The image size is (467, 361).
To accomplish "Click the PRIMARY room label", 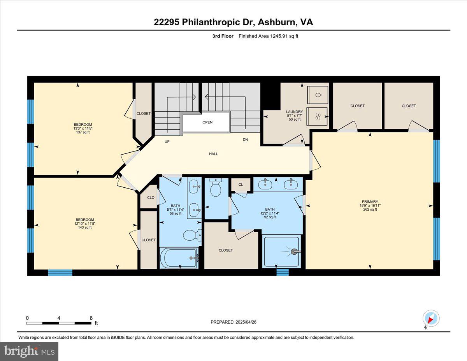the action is (x=370, y=202).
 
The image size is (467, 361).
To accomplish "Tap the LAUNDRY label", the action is (x=295, y=112).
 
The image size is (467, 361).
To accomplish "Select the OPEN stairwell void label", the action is (x=207, y=122).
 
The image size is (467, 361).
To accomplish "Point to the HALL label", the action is (x=213, y=154).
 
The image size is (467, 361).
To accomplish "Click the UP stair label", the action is (x=167, y=141).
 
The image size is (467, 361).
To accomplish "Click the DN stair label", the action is (x=245, y=139).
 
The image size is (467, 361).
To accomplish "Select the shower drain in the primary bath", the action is (x=293, y=252).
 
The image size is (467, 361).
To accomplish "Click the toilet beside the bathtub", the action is (x=192, y=235).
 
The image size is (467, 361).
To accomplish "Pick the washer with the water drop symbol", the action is (x=318, y=95).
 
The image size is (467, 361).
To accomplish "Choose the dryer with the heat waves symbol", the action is (x=317, y=116).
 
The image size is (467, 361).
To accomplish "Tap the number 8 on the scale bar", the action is (x=91, y=318).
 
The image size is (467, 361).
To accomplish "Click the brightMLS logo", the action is (x=29, y=351).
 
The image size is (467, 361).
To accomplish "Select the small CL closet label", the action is (x=241, y=185).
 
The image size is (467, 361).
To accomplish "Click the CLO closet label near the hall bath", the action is (x=151, y=197).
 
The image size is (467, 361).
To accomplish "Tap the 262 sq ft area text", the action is (x=370, y=209).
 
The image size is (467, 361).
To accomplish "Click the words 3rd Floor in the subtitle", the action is (x=223, y=36).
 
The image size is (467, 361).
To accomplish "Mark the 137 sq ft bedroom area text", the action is (x=83, y=132).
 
